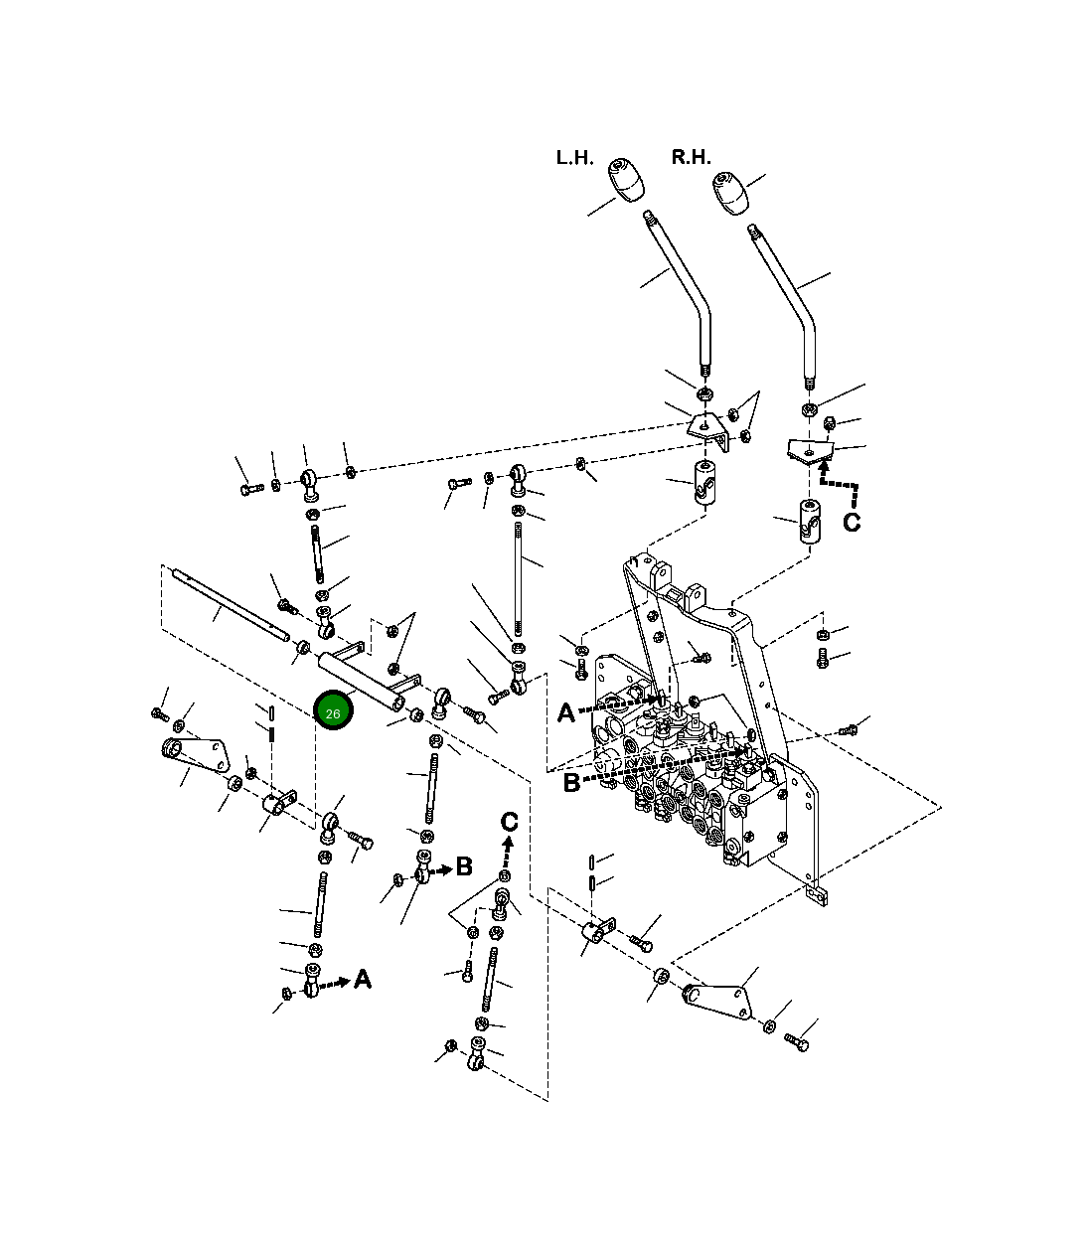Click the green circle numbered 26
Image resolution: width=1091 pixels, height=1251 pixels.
(x=333, y=709)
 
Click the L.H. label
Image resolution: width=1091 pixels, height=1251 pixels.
(x=574, y=157)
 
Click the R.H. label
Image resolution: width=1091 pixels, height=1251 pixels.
(x=691, y=157)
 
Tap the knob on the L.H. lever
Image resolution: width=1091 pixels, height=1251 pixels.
(x=626, y=179)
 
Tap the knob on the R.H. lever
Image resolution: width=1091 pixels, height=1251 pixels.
(x=731, y=193)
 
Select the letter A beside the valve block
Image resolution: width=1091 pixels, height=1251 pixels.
(x=566, y=712)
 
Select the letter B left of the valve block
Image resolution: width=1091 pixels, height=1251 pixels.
(x=571, y=783)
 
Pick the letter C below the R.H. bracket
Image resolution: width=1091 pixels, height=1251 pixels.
(x=852, y=522)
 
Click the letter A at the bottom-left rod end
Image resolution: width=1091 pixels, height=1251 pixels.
(x=363, y=979)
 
